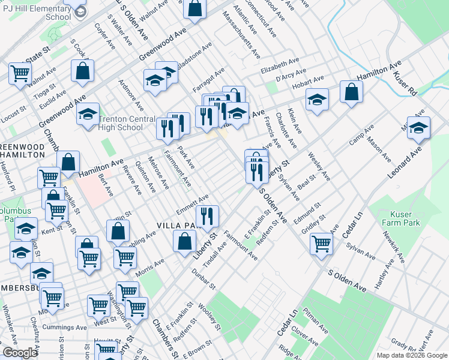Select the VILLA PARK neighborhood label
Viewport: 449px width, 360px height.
point(176,226)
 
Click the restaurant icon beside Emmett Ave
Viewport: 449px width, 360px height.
point(207,216)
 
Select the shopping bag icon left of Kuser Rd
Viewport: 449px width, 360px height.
point(352,92)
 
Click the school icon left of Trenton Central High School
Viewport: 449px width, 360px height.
point(88,113)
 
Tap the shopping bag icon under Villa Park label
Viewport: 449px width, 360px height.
point(184,241)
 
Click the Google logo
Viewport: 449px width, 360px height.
point(20,353)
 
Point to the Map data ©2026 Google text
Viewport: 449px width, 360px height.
point(411,355)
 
